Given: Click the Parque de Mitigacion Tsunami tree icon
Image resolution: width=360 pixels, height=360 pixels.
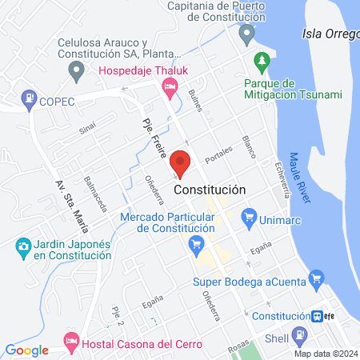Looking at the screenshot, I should (260, 61).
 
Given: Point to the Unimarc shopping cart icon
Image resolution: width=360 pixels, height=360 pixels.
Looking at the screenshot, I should (249, 215).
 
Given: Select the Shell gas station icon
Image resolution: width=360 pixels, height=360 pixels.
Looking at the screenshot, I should (301, 337).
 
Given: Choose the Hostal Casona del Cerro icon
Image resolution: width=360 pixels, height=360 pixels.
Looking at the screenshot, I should (71, 342).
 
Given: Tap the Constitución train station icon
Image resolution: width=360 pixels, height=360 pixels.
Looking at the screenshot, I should (318, 315).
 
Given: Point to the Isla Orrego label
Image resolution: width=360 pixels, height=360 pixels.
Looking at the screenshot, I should (330, 34).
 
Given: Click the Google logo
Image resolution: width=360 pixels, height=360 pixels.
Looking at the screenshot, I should (27, 350).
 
